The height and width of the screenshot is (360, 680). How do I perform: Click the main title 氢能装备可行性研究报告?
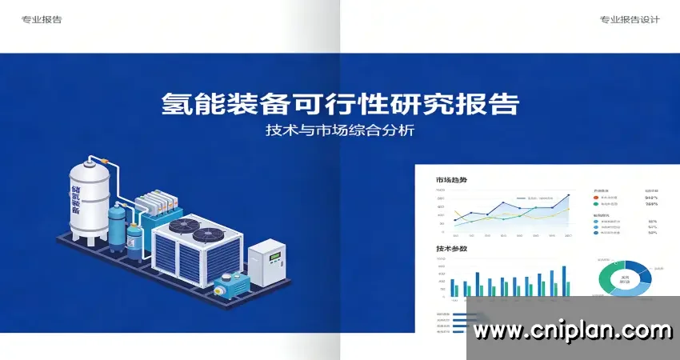point(340,104)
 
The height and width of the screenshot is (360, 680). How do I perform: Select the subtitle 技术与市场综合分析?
point(340,130)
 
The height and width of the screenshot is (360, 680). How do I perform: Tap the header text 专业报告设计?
point(630,20)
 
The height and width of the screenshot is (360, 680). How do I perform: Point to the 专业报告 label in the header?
point(42,20)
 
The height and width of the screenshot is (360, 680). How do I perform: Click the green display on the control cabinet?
point(275,257)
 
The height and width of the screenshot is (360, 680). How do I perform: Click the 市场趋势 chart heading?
point(451,179)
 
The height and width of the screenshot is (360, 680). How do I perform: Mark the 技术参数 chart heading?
point(451,248)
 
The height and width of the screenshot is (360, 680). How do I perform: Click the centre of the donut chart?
point(625,280)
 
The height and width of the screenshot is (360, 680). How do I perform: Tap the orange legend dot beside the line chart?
point(596,197)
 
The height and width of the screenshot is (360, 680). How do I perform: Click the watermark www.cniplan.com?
point(572,330)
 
